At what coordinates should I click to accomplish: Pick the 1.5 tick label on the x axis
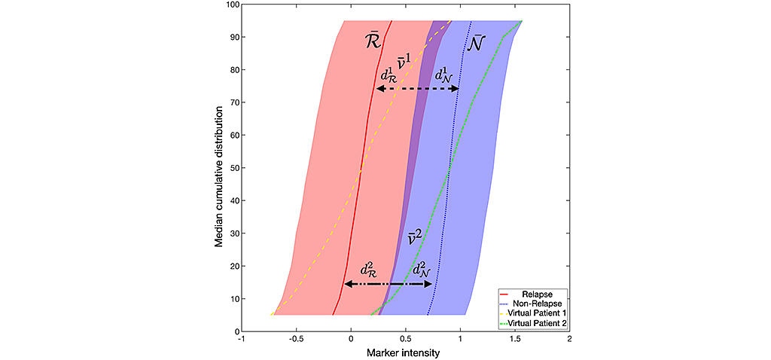(x=515, y=339)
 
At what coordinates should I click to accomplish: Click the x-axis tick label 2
(x=570, y=339)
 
